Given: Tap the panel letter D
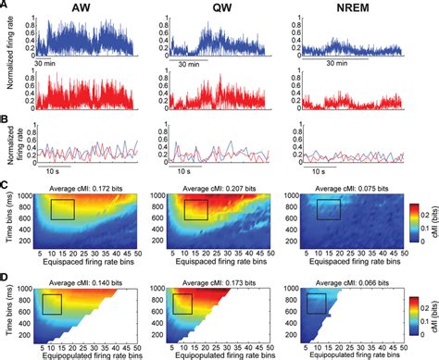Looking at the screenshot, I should [5, 276].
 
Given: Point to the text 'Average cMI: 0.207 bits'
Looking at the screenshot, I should [208, 188].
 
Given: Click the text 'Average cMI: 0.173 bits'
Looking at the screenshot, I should [208, 278].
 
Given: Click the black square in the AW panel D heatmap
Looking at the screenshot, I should [51, 304].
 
